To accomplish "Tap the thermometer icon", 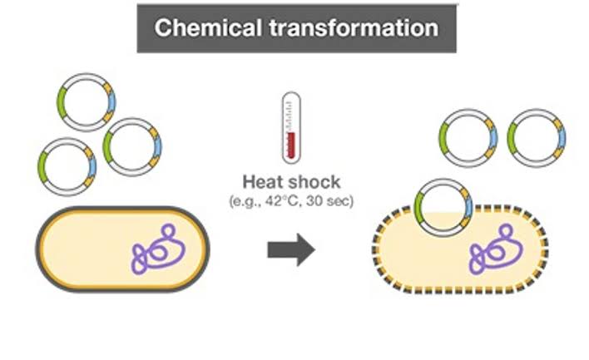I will coord(290,128).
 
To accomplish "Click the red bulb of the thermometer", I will coord(290,150).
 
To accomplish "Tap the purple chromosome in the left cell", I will coord(157,249).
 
